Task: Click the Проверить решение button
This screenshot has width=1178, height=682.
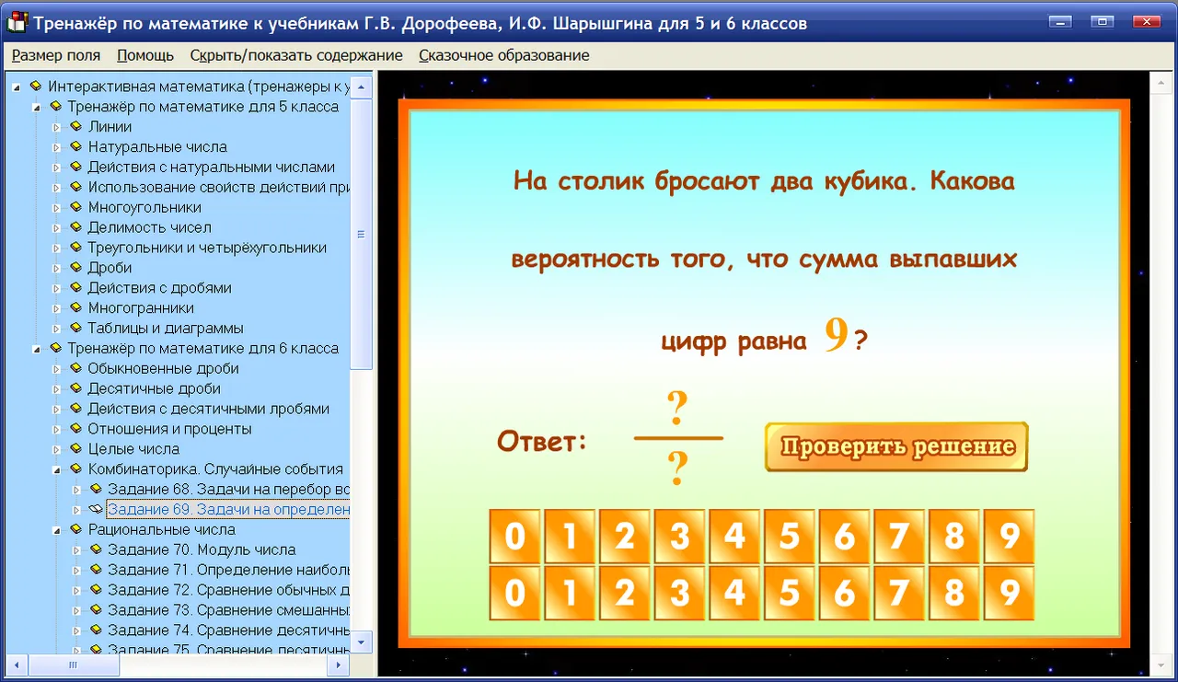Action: (x=896, y=446)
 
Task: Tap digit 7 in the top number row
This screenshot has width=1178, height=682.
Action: (x=899, y=537)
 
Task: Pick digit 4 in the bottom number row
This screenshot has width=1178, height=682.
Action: (x=734, y=593)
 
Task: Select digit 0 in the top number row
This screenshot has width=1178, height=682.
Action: (x=514, y=537)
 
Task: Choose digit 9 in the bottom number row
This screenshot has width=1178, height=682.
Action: (x=1009, y=593)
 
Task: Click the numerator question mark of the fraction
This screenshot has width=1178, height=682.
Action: (x=677, y=408)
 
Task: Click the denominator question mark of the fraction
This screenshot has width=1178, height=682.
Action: (x=677, y=468)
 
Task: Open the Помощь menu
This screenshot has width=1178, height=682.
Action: (x=145, y=55)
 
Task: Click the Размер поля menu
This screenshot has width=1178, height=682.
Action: (x=56, y=55)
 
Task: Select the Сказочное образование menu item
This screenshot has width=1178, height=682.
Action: (x=503, y=55)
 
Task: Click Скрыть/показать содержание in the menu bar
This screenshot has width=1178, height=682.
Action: (x=296, y=55)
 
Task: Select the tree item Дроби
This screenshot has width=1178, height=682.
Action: (x=110, y=268)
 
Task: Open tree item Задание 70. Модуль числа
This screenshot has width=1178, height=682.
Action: (x=202, y=549)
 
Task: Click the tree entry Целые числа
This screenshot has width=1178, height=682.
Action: (x=133, y=449)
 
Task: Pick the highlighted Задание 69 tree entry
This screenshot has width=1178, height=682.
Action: (x=228, y=510)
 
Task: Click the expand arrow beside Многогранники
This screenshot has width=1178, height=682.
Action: (x=56, y=308)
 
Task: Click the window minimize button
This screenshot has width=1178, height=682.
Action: (x=1060, y=22)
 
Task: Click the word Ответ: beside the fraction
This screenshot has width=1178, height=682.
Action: (x=542, y=441)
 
